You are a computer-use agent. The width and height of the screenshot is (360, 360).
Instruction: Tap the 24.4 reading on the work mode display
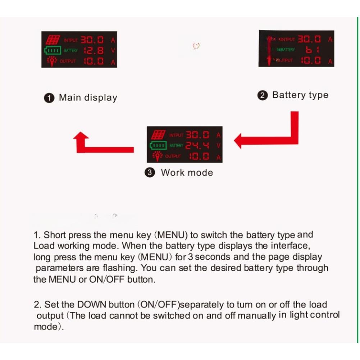click(x=197, y=146)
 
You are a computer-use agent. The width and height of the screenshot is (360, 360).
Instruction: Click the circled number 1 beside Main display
click(x=49, y=98)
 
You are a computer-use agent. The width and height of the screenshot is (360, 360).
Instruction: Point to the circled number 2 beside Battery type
click(x=263, y=96)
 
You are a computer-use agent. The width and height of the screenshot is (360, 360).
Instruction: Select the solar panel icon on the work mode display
click(x=158, y=135)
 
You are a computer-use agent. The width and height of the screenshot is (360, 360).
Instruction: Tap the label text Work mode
click(x=187, y=173)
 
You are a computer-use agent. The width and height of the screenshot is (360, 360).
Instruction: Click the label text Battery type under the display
click(x=300, y=95)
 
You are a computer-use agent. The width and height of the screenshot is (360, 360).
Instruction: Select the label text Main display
click(x=88, y=98)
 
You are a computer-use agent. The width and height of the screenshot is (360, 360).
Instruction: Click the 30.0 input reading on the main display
click(x=92, y=40)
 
